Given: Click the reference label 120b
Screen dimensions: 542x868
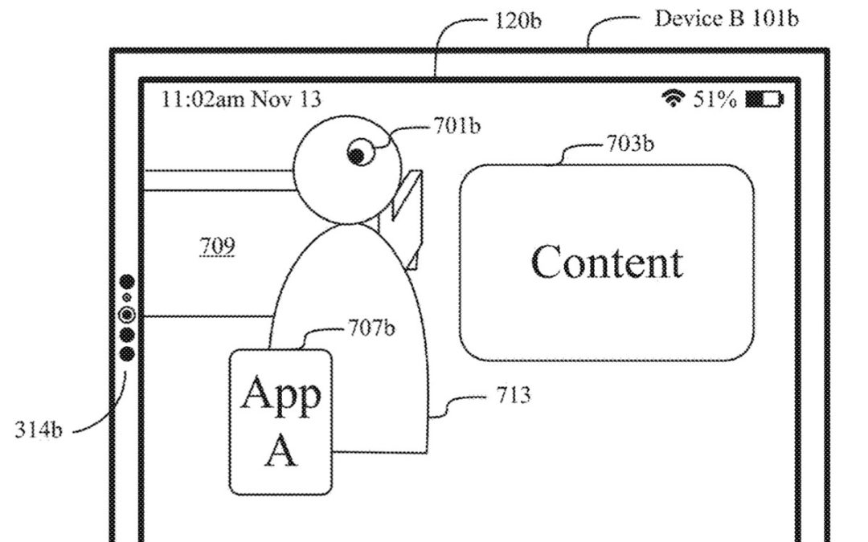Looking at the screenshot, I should tap(519, 20).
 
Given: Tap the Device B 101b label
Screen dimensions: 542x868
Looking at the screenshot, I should tap(727, 18).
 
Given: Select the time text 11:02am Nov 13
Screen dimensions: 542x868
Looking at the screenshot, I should tap(241, 100).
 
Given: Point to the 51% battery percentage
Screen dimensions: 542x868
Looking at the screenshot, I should tap(715, 100).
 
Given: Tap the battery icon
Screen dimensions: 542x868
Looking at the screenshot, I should tap(764, 100).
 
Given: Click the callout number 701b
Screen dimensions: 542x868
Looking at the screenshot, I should tap(457, 128).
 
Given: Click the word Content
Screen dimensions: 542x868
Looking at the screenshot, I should tap(607, 262).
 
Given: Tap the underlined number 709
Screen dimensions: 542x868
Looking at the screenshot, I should tap(217, 247).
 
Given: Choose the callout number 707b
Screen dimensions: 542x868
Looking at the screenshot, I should tap(371, 328).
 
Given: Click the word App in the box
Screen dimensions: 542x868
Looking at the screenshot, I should tap(280, 393).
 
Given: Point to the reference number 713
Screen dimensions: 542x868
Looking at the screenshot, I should tap(514, 395).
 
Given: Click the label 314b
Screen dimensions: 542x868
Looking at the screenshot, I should tap(38, 430).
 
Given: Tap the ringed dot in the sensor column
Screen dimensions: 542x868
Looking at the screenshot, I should tap(127, 316).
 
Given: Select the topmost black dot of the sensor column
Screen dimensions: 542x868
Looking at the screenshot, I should tap(127, 282).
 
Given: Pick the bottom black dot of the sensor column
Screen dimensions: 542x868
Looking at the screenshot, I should tap(127, 353).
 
